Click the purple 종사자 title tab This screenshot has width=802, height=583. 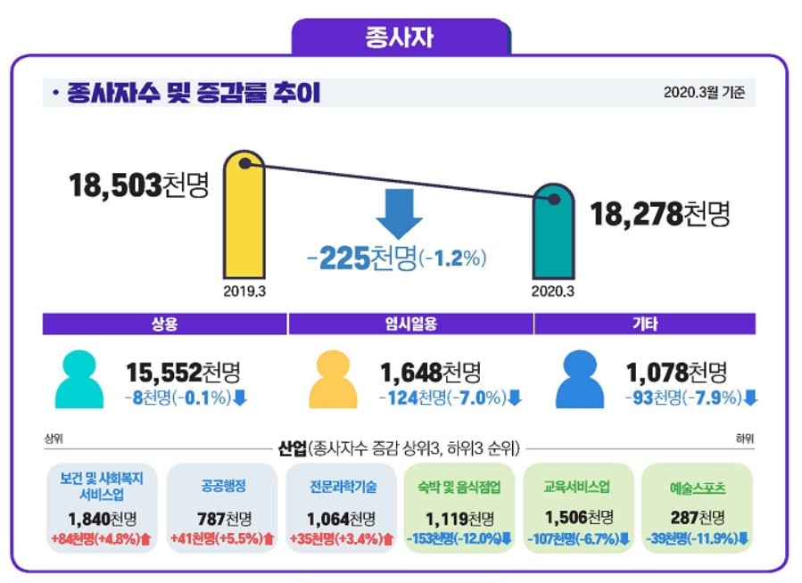(x=400, y=37)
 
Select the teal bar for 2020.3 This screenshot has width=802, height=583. (x=553, y=236)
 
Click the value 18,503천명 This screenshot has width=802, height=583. (x=138, y=185)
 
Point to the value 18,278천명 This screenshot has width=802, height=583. (x=660, y=214)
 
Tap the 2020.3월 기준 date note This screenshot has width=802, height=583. (x=704, y=92)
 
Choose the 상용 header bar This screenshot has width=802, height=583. (x=165, y=324)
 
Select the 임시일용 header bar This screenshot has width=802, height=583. (x=410, y=324)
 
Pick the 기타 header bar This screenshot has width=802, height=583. (x=645, y=324)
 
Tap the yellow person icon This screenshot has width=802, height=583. (x=332, y=380)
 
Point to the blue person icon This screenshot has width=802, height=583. (x=580, y=380)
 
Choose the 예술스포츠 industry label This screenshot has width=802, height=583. (x=697, y=489)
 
